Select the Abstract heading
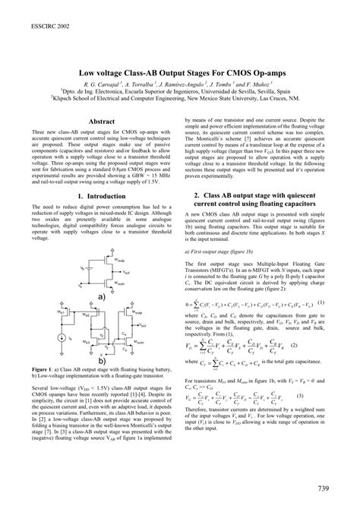tap(102, 121)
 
